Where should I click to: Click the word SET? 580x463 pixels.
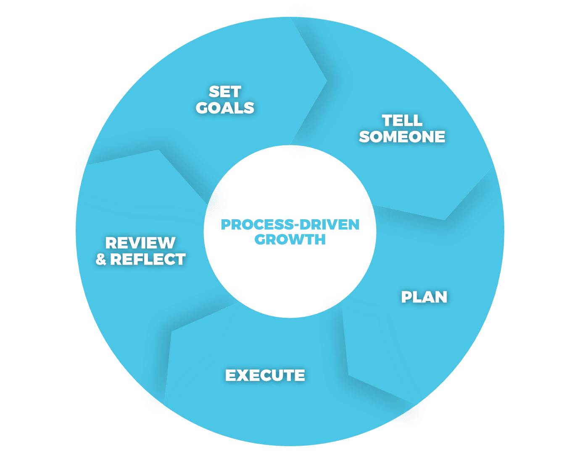point(225,92)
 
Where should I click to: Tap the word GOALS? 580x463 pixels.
point(225,108)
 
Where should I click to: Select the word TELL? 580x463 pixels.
point(402,121)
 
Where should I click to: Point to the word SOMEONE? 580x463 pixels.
point(402,137)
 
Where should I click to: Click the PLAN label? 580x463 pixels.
point(424,297)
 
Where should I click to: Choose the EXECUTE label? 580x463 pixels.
point(265,375)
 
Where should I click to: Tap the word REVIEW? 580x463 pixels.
point(140,243)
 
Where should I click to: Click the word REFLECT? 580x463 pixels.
point(148,260)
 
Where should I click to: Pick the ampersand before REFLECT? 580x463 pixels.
point(101,260)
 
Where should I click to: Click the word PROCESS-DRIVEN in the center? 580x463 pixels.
point(290,225)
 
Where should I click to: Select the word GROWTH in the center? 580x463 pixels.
point(290,239)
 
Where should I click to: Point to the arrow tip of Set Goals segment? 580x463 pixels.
point(327,80)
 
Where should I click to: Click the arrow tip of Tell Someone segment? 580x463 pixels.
point(445,219)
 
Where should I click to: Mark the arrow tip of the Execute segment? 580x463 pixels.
point(172,331)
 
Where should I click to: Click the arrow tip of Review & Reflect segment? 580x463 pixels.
point(158,150)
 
